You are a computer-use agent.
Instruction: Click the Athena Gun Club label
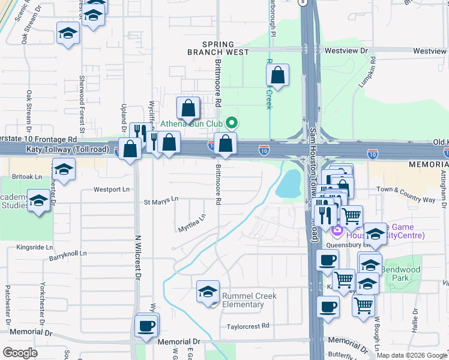click(191, 125)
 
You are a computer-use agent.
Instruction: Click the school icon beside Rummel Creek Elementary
click(208, 292)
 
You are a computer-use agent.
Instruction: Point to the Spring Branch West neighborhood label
click(225, 49)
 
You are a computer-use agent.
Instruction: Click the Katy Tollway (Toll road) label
click(67, 149)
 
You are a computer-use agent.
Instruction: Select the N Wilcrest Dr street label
click(137, 258)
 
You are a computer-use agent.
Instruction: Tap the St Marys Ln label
click(161, 199)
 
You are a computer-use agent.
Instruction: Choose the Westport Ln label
click(112, 190)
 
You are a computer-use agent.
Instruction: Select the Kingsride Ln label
click(35, 247)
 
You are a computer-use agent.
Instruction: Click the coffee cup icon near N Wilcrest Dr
click(147, 326)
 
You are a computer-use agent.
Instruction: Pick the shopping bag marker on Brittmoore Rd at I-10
click(225, 144)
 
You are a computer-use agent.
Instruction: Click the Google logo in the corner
click(20, 353)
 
